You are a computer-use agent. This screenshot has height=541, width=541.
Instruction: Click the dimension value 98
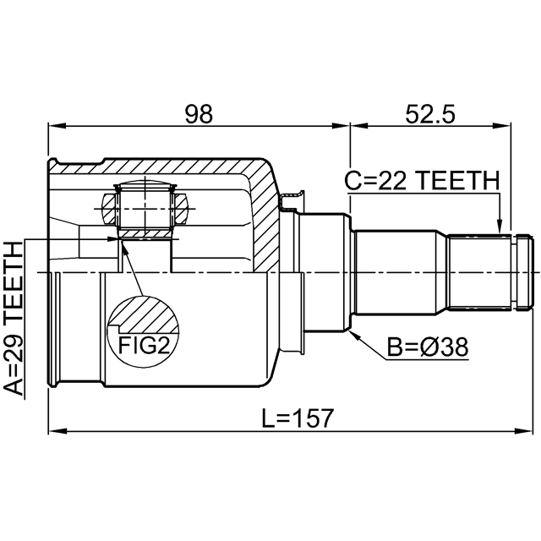(199, 114)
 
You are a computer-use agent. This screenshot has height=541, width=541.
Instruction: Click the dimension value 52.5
(430, 114)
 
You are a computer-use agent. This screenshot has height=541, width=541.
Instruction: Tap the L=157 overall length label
(298, 418)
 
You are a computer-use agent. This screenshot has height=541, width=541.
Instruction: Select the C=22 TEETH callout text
(422, 180)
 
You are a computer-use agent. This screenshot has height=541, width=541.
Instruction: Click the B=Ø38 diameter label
(428, 347)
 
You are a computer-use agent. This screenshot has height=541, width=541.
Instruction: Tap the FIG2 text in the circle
(144, 345)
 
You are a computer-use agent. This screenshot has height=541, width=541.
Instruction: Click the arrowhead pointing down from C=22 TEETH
(499, 226)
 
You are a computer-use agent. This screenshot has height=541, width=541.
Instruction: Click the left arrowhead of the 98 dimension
(57, 125)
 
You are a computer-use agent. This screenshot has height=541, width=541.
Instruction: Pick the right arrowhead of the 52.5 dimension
(502, 125)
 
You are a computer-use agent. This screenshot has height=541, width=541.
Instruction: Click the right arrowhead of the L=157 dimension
(523, 430)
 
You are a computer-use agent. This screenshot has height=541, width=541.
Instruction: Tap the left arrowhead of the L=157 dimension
(57, 430)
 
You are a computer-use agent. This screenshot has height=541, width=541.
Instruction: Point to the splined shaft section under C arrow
(479, 272)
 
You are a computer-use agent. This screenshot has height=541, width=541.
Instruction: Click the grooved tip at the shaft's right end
(522, 272)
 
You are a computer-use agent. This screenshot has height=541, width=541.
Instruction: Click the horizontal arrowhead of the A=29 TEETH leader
(112, 238)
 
